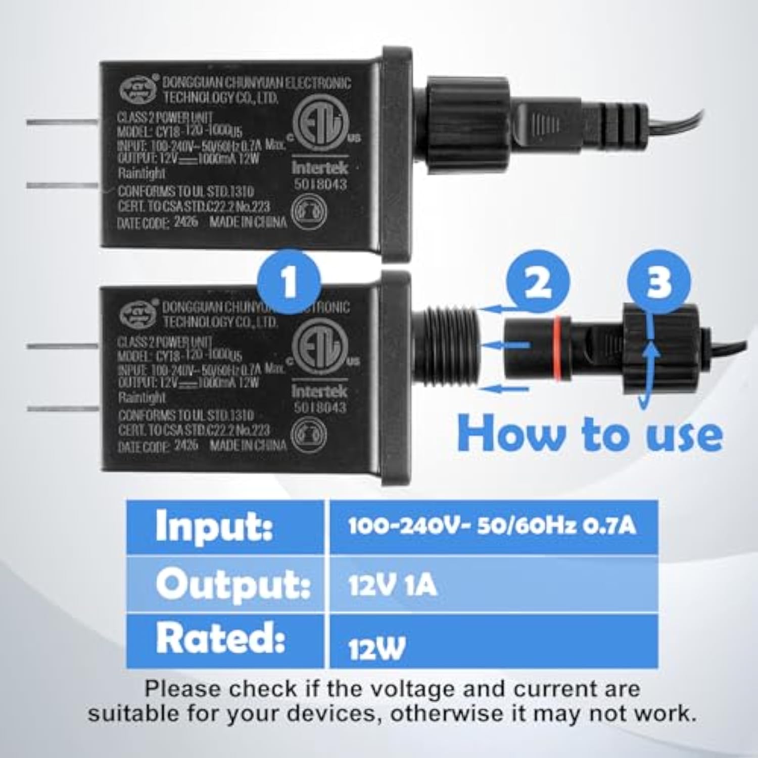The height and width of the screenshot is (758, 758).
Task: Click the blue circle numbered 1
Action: point(289,282)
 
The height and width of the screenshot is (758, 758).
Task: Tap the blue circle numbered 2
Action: point(538,281)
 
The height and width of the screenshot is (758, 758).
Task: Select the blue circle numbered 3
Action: point(658,281)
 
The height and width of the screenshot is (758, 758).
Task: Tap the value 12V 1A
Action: point(392,585)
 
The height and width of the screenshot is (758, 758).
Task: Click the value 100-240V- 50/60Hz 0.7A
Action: point(491,526)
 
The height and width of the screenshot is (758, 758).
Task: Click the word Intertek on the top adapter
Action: point(320,167)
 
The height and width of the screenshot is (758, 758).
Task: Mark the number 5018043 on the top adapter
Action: point(320,184)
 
